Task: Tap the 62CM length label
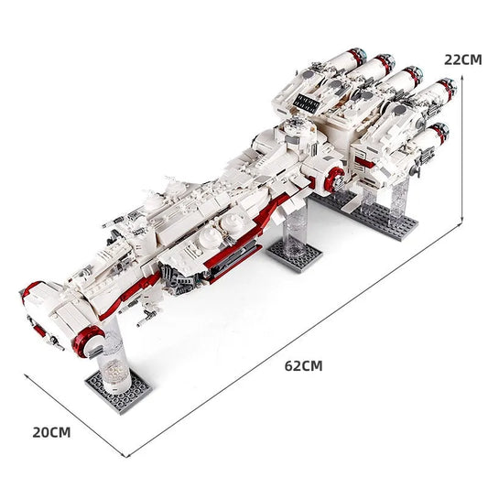pos(304,365)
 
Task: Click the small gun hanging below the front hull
pos(145,320)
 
